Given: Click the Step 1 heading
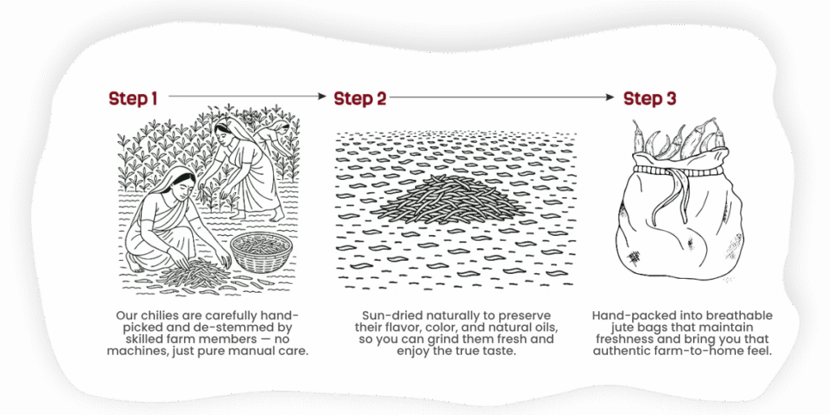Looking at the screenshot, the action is point(133,98).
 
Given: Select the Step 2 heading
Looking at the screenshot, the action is point(360,98).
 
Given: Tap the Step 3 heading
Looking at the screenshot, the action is point(649,98).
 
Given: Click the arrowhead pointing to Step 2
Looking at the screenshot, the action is point(322,96).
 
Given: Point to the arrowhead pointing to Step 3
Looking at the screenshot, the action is point(610,97).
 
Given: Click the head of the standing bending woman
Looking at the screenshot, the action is point(225,130).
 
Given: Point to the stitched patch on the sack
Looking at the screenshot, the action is point(633,258).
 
